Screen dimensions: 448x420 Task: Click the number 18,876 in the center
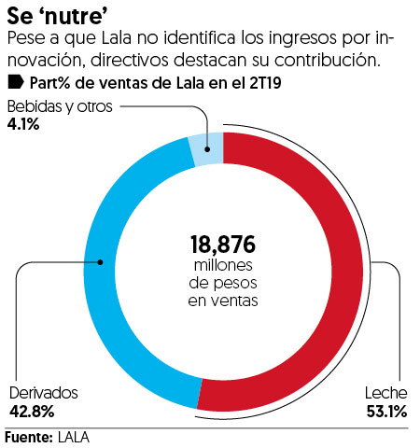pyautogui.click(x=223, y=245)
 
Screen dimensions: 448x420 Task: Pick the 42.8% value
pyautogui.click(x=31, y=411)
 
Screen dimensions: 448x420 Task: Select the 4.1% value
pyautogui.click(x=22, y=123)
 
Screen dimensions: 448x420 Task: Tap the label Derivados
pyautogui.click(x=43, y=394)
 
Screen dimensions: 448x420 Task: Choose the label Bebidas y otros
pyautogui.click(x=60, y=106)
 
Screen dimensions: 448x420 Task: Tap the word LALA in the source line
pyautogui.click(x=77, y=436)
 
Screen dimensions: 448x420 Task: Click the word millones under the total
pyautogui.click(x=223, y=268)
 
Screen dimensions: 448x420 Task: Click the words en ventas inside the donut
pyautogui.click(x=223, y=301)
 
